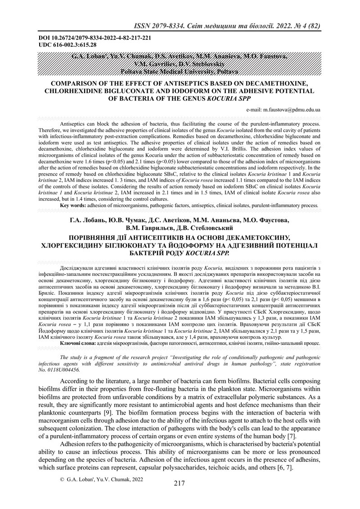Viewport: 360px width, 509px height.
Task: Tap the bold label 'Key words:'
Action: click(73, 206)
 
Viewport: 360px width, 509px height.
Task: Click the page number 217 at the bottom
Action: click(179, 484)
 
